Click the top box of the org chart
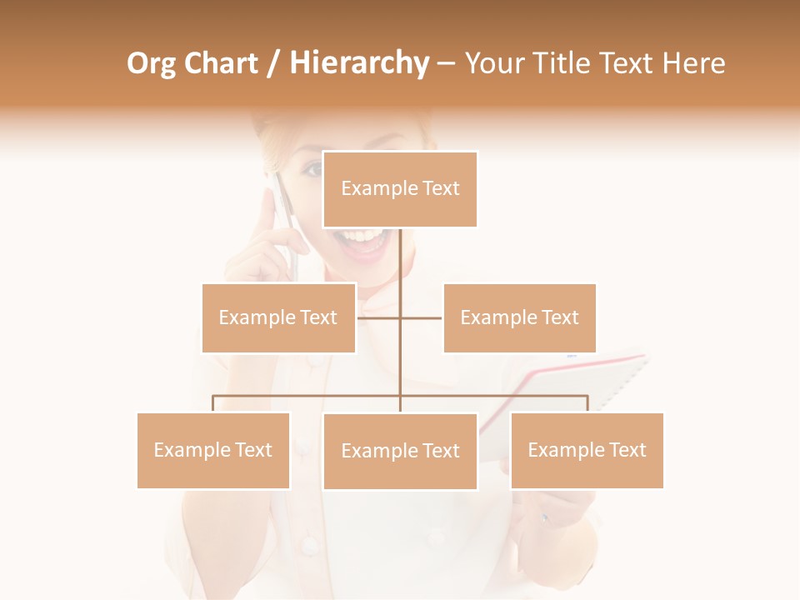pos(400,189)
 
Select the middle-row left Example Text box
pos(278,317)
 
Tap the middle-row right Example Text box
pos(519,317)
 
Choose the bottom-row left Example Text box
pos(213,450)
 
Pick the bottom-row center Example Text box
pos(400,451)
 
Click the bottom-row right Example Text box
pos(587,450)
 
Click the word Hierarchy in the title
pos(359,63)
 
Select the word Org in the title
pos(150,63)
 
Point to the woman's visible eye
pos(312,170)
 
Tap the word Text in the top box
pos(441,188)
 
